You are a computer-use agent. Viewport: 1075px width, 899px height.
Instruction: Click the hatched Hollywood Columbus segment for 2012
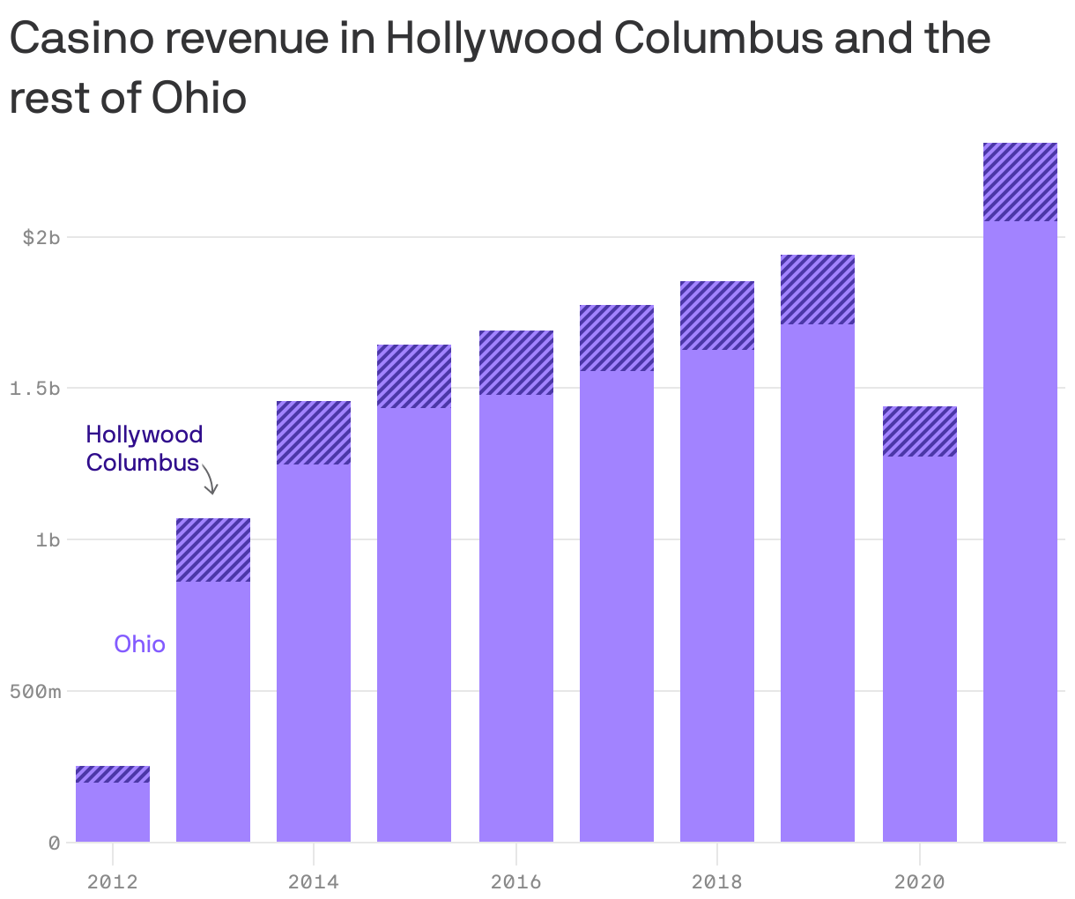tap(113, 775)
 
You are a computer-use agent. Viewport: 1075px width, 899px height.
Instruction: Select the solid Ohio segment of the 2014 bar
tap(314, 652)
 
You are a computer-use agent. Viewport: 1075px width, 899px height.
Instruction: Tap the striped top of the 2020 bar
tap(919, 431)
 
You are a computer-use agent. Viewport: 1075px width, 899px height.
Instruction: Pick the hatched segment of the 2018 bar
tap(717, 316)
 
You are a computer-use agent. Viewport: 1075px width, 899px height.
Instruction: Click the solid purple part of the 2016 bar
tap(516, 617)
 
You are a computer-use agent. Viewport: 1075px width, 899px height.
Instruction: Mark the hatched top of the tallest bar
tap(1019, 182)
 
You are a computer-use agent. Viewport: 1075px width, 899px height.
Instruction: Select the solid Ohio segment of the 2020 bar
tap(919, 648)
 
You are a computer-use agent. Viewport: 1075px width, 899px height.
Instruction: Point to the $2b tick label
tap(41, 237)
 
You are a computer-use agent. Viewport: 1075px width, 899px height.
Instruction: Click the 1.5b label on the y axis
tap(35, 389)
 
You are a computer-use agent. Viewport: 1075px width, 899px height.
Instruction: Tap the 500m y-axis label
tap(35, 691)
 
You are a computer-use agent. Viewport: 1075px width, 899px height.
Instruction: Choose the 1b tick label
tap(48, 539)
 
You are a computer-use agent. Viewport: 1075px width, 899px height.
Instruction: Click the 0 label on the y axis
tap(55, 843)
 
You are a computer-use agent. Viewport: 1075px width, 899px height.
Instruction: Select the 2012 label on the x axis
tap(113, 880)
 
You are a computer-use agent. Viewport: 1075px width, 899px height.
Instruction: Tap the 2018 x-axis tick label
tap(717, 880)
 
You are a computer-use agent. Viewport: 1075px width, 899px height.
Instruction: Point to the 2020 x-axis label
tap(919, 880)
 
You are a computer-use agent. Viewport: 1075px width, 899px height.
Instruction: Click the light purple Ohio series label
tap(139, 644)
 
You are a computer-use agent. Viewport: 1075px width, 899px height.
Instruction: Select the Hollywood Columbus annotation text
tap(144, 448)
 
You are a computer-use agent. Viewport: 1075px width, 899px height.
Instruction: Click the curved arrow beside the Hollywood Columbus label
tap(210, 479)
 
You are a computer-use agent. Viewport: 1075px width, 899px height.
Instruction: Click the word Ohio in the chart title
tap(199, 98)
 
